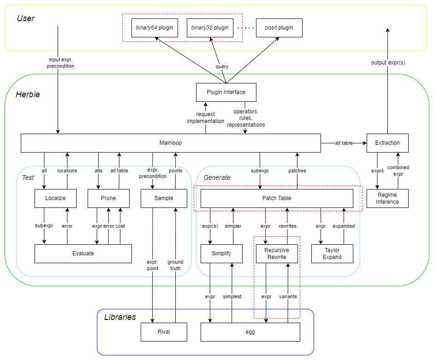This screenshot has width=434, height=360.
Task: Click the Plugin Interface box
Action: point(226,92)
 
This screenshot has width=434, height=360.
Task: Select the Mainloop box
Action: point(171,143)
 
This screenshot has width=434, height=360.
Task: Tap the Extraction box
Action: point(387,143)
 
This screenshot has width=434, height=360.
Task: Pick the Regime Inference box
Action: point(387,198)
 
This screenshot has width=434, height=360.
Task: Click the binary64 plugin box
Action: point(155,28)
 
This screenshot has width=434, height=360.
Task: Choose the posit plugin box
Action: point(279,28)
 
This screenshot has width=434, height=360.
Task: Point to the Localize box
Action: point(55,198)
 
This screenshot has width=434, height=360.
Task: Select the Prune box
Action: point(108,198)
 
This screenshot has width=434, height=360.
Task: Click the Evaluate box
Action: point(83,254)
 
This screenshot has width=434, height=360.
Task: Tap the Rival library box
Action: point(164,332)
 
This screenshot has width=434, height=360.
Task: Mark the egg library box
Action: point(250,332)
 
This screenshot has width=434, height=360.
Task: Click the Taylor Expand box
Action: point(332,254)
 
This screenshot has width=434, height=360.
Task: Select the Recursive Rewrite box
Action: point(277,254)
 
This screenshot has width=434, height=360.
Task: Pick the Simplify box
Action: point(221,254)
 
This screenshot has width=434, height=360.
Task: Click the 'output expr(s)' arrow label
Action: point(388,62)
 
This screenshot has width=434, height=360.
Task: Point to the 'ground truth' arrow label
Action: point(175,265)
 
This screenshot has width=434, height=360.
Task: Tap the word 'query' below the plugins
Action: point(222,67)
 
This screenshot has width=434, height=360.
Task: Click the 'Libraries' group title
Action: point(120,317)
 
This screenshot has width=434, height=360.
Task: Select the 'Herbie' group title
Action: point(28,94)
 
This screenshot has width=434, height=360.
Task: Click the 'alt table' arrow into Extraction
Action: point(344,143)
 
